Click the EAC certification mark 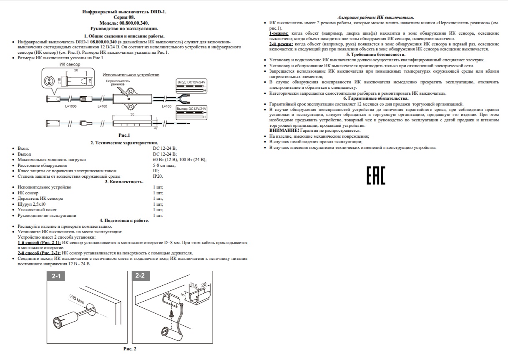click(376, 175)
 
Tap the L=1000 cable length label click(71, 106)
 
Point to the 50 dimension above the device click(132, 114)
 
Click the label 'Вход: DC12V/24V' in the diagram click(191, 82)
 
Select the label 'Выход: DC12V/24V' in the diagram click(191, 108)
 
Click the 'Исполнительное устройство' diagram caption click(131, 75)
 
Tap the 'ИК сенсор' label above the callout click(70, 64)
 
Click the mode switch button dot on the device click(129, 99)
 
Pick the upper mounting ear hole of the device click(131, 91)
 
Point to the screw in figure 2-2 click(171, 314)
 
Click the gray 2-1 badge click(56, 276)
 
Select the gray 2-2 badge click(141, 276)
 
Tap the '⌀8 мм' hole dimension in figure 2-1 click(77, 299)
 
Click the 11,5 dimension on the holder click(193, 284)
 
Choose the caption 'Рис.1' click(124, 135)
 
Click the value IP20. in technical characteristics click(158, 176)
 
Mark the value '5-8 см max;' click(164, 165)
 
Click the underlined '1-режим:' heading click(279, 33)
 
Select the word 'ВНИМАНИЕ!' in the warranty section click(284, 131)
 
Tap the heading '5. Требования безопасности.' click(376, 55)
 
